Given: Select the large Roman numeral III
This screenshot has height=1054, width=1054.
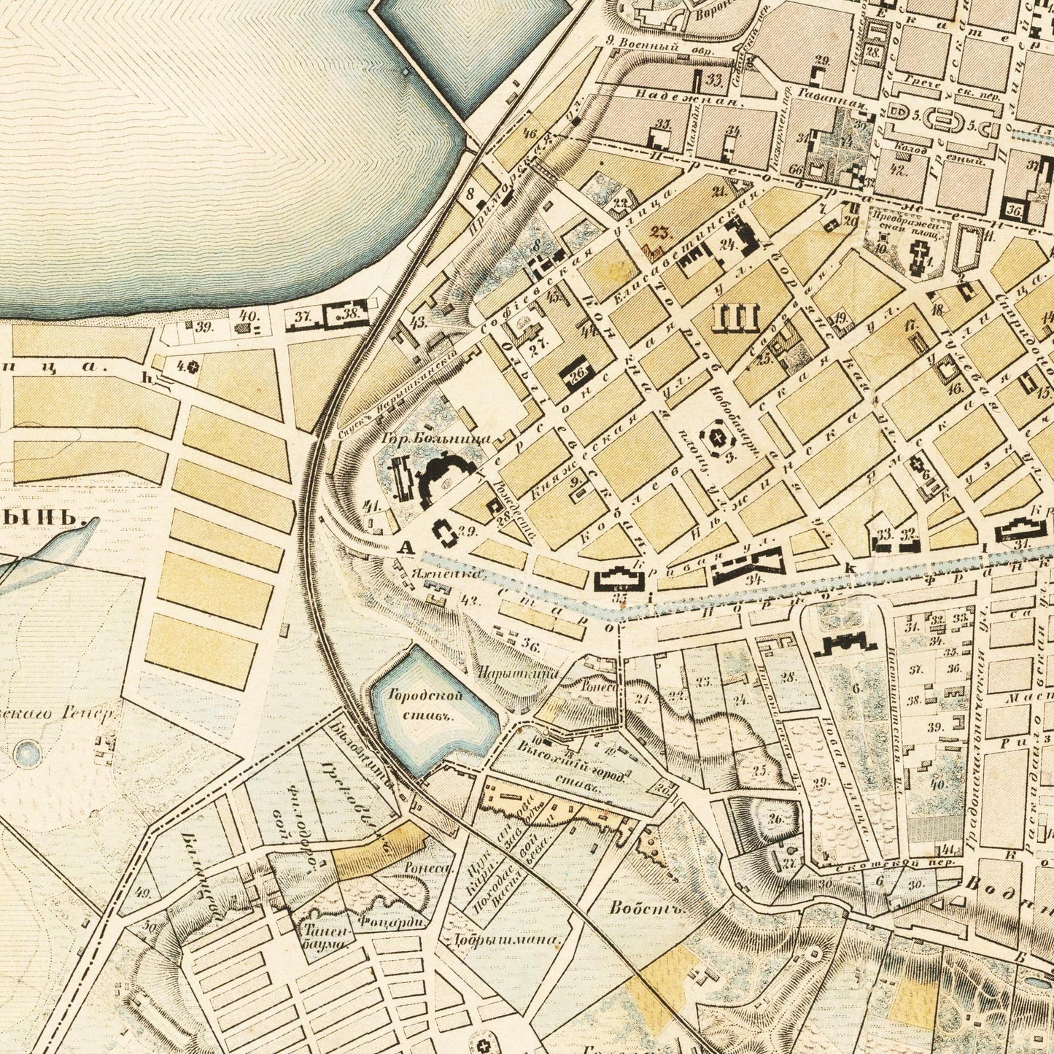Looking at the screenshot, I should [739, 317].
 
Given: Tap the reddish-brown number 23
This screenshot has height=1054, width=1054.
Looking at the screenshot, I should [659, 233].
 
